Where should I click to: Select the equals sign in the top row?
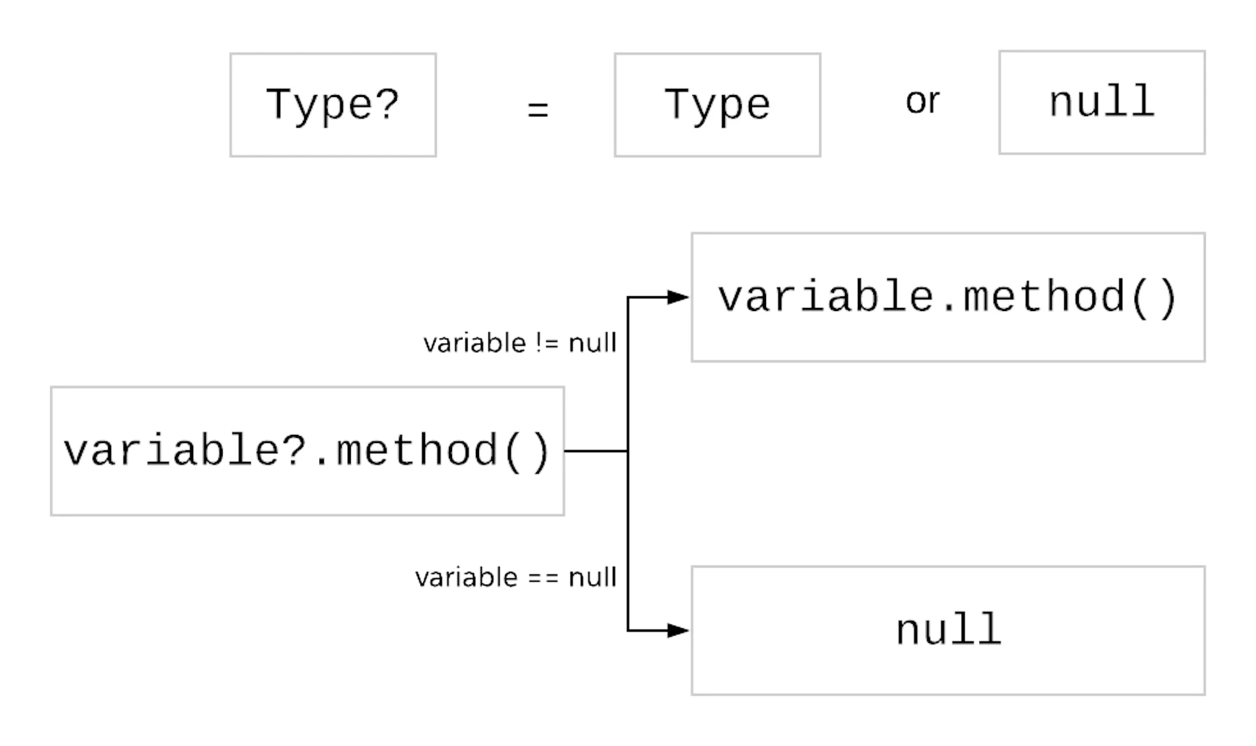(x=538, y=110)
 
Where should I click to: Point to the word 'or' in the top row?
(x=922, y=101)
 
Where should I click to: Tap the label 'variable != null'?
(x=519, y=342)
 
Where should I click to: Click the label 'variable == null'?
(x=515, y=577)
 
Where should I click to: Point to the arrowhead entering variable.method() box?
(x=678, y=297)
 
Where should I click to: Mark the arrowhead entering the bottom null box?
(x=678, y=630)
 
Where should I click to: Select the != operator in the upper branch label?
(x=546, y=342)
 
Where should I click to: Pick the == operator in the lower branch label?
(x=543, y=578)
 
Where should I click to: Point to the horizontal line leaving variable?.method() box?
(x=595, y=451)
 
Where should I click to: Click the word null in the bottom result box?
(x=948, y=629)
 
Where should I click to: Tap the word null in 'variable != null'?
(x=592, y=342)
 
